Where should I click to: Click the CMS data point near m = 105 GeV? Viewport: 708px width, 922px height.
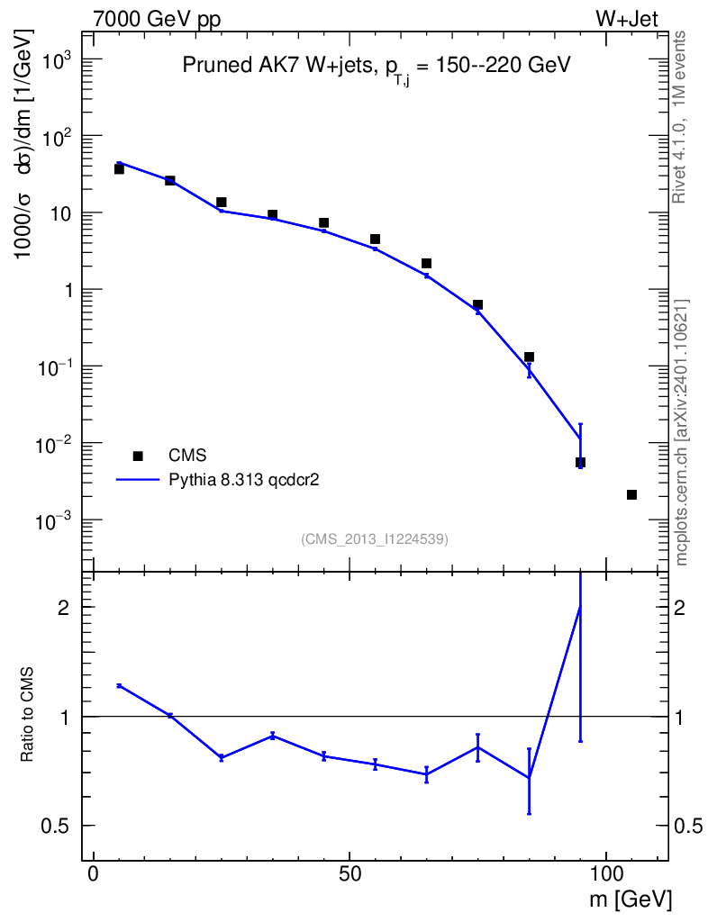pos(631,494)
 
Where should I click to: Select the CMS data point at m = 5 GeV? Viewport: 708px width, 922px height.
pos(119,168)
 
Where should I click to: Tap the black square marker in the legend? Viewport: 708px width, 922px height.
pos(138,456)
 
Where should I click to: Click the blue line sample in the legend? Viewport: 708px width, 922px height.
pos(138,480)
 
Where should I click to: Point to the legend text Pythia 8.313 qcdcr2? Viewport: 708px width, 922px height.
pos(244,481)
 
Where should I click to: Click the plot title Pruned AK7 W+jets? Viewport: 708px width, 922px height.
pos(277,65)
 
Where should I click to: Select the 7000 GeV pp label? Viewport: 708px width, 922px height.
pos(157,19)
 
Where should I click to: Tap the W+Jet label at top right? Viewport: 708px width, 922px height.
pos(627,19)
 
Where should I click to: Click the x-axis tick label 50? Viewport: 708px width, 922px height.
pos(349,873)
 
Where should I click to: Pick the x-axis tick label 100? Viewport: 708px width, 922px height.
pos(605,873)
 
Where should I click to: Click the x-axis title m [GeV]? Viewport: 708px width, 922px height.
pos(631,899)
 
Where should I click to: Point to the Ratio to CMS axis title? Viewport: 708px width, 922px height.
pos(26,715)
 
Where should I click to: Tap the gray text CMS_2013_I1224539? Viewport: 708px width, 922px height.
pos(375,539)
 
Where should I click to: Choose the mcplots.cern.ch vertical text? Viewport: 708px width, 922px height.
pos(681,432)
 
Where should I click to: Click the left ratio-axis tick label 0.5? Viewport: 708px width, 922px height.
pos(55,827)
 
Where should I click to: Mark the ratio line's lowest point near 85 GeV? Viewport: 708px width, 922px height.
pos(530,778)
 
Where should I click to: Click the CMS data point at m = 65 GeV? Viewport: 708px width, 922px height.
pos(426,264)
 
